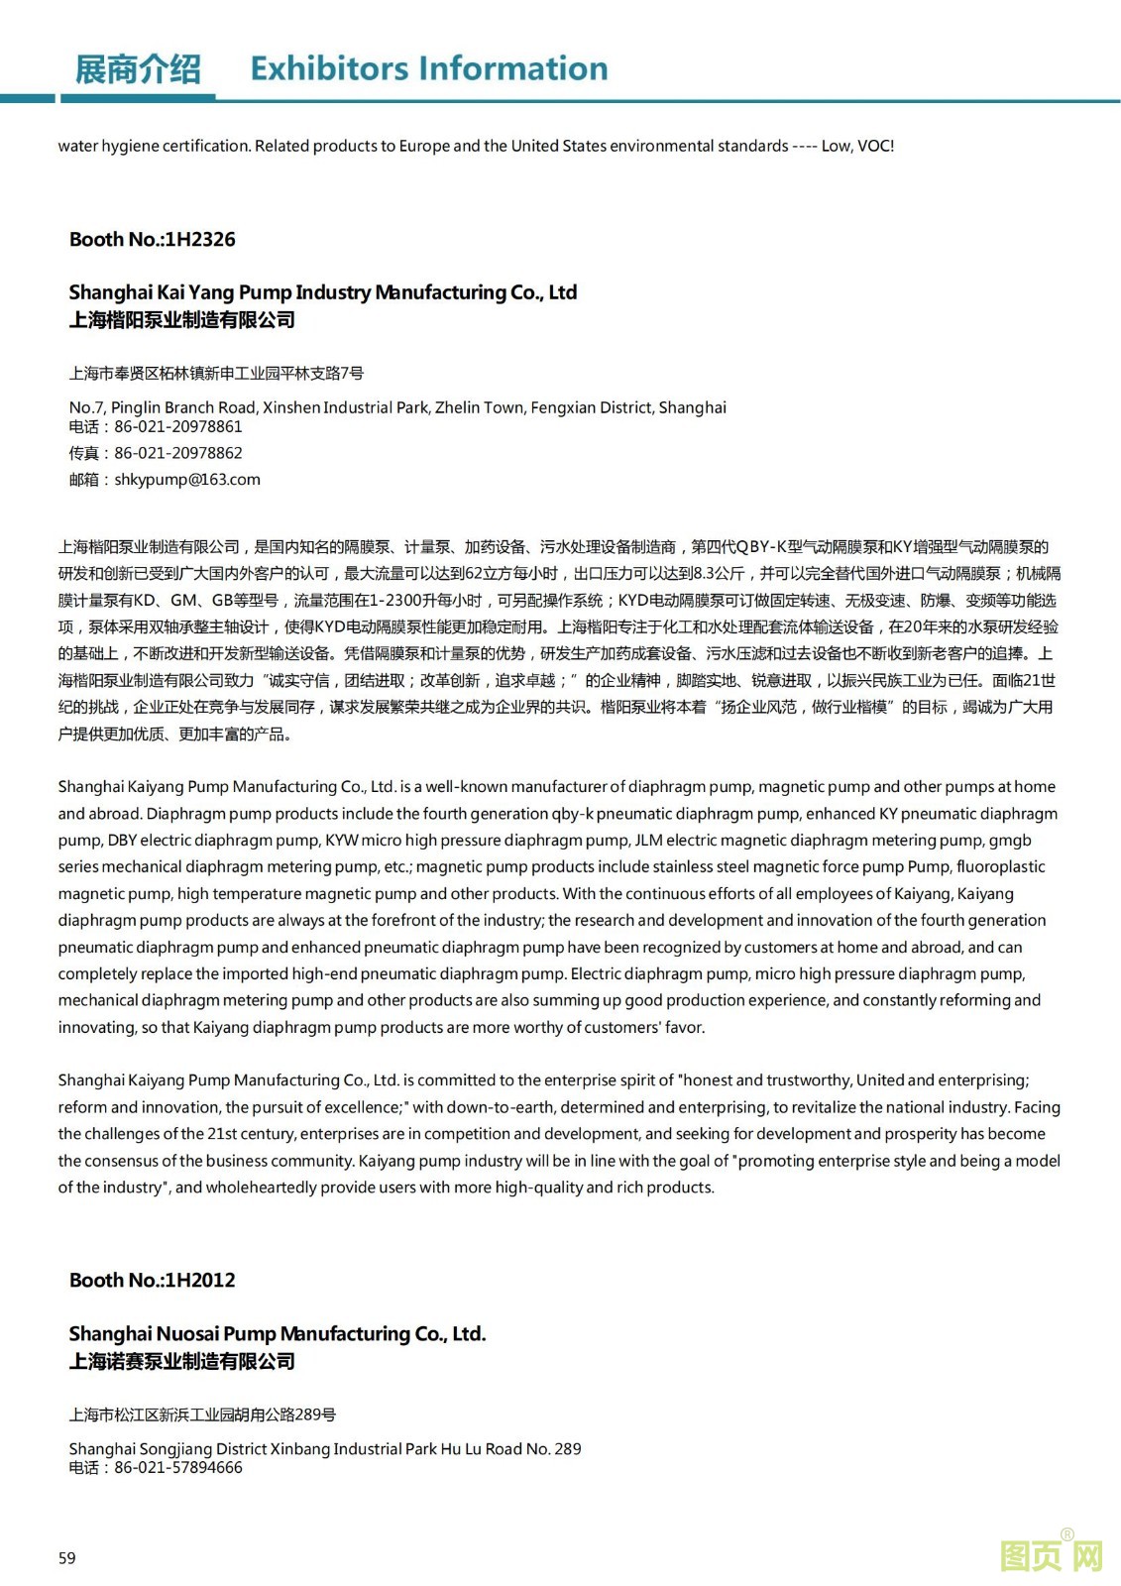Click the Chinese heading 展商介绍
(x=138, y=69)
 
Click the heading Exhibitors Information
(x=428, y=68)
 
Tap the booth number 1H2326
(x=200, y=239)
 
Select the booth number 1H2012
(x=200, y=1280)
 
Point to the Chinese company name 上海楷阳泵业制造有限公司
(x=182, y=320)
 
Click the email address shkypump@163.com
(x=187, y=480)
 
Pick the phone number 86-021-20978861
(x=178, y=427)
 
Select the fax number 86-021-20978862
(x=178, y=453)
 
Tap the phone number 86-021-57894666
(x=178, y=1468)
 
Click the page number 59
(x=66, y=1558)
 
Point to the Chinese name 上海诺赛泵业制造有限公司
(x=182, y=1362)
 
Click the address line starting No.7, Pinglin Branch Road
(x=396, y=407)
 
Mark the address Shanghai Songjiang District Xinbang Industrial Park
(x=324, y=1449)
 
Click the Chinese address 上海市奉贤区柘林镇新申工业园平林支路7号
(x=216, y=374)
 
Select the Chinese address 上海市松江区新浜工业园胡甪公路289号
(x=202, y=1415)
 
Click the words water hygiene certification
(x=154, y=147)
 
